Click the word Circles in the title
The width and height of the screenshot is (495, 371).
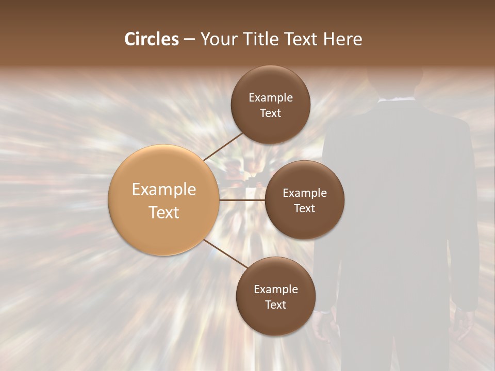point(151,39)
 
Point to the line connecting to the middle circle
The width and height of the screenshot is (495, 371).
point(242,199)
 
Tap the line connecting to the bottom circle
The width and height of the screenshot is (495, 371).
point(225,254)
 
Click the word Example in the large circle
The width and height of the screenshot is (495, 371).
point(163,190)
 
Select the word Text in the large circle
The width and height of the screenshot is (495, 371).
point(163,212)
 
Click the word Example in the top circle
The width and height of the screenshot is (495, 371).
point(270,98)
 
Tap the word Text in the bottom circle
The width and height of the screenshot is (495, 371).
point(275,305)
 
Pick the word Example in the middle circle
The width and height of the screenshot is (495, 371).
point(304,193)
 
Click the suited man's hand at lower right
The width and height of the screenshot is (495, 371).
point(466,325)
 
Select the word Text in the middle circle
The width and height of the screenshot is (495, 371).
point(304,209)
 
